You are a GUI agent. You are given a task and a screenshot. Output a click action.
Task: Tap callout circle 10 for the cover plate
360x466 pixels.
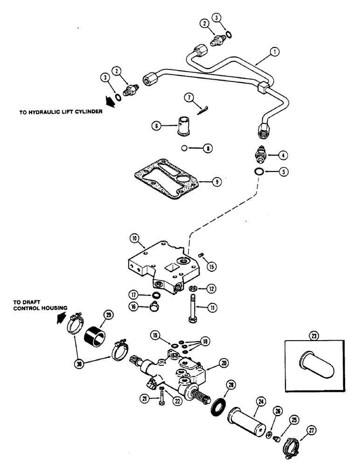pos(135,239)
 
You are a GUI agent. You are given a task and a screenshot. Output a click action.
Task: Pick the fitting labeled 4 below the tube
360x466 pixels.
pos(259,154)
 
